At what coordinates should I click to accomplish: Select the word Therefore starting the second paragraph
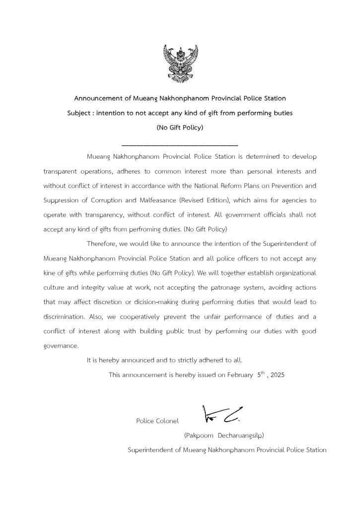[104, 244]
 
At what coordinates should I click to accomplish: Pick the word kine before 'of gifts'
[50, 273]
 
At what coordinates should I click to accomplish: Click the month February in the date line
[239, 375]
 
